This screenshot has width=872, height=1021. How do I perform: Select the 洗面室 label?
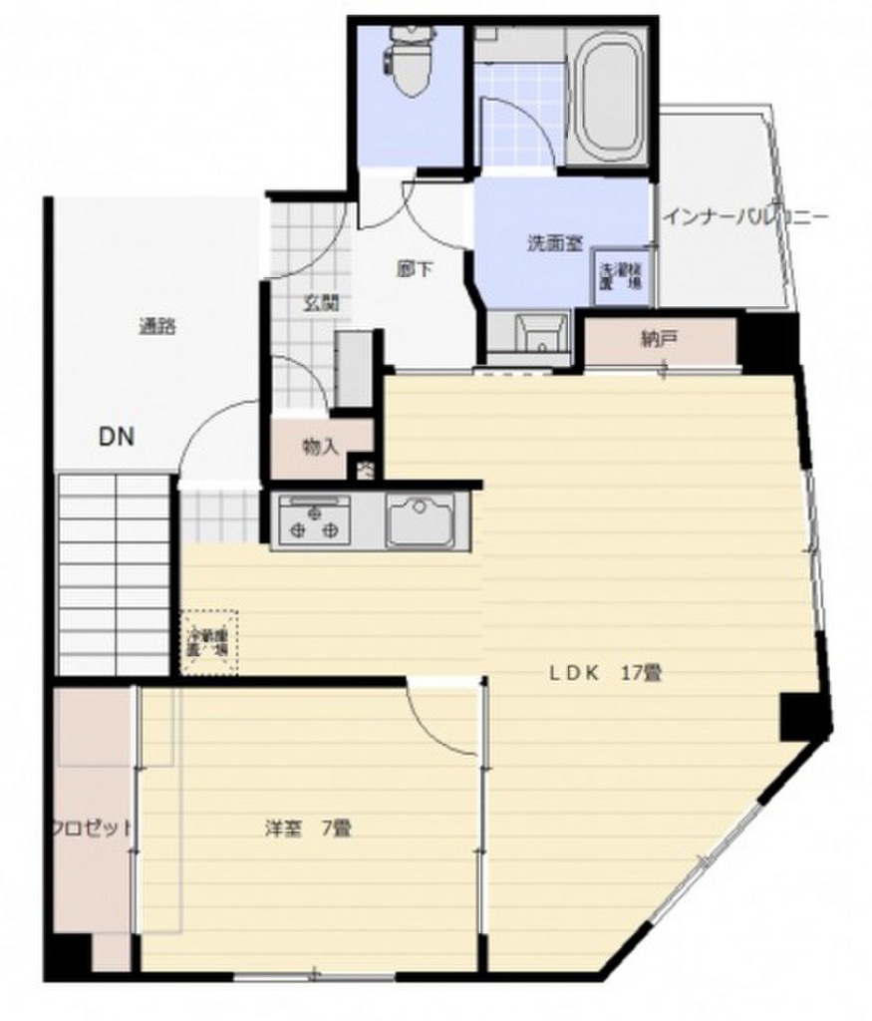[554, 242]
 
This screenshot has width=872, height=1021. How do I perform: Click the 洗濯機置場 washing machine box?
[620, 274]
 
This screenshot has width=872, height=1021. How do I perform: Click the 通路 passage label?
[157, 325]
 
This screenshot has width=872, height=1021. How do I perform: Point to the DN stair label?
[117, 436]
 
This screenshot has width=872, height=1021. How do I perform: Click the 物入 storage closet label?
[319, 448]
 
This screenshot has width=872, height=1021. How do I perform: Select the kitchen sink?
[421, 520]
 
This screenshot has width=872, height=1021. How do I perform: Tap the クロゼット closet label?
[92, 828]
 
